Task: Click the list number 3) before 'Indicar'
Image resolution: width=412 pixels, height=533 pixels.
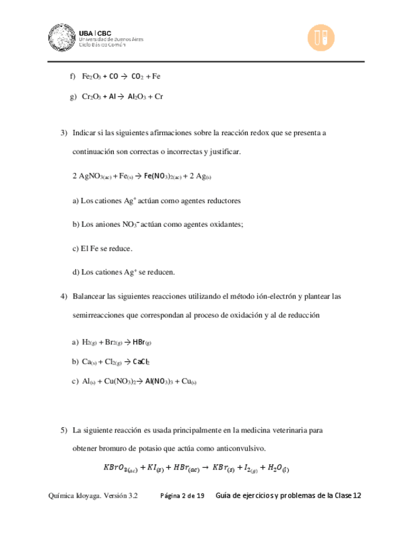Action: click(x=64, y=133)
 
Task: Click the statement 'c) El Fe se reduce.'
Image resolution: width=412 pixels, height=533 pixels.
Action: click(x=103, y=248)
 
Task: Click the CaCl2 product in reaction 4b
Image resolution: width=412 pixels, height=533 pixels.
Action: click(x=141, y=362)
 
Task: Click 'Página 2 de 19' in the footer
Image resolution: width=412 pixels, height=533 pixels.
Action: click(x=182, y=496)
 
